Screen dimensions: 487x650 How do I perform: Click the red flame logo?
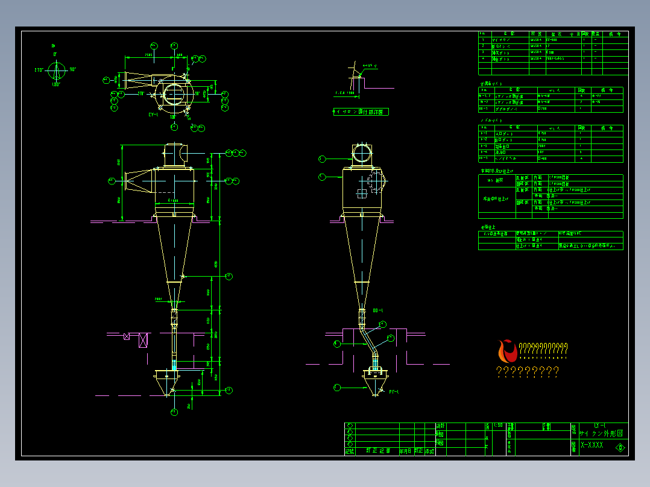coord(507,351)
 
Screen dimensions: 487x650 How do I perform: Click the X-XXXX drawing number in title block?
coord(592,445)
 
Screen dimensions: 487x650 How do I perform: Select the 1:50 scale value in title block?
coord(498,426)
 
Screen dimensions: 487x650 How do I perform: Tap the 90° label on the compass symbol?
coord(72,69)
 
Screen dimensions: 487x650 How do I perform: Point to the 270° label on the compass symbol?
coord(39,70)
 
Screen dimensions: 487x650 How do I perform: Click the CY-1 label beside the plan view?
coord(153,115)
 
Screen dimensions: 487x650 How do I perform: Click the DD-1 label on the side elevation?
coord(378,310)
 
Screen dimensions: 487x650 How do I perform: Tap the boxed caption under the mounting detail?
coord(361,112)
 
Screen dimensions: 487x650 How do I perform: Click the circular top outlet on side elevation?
coord(361,154)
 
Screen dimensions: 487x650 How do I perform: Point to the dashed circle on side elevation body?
coord(374,180)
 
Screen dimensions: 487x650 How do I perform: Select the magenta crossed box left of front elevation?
coord(143,341)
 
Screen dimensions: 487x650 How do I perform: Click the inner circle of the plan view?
coord(173,94)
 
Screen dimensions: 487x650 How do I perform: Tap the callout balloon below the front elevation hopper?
coord(174,412)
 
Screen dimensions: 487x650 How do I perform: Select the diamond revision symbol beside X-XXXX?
coord(619,447)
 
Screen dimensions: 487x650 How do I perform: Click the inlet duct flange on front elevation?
coord(126,180)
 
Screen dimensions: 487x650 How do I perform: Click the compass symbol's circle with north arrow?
coord(57,72)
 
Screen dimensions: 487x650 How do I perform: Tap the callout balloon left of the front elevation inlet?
coord(112,180)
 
